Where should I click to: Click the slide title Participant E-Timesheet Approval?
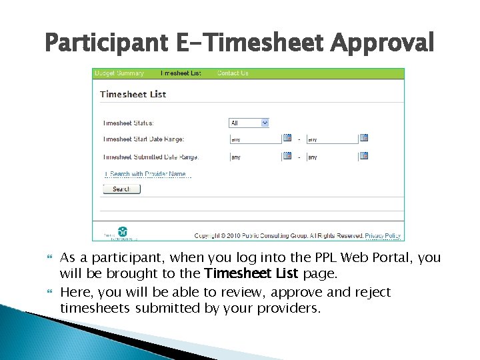[239, 44]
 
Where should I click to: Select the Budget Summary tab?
[119, 73]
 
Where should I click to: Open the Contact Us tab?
[233, 73]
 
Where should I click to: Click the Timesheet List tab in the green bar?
[181, 73]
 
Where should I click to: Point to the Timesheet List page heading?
[133, 94]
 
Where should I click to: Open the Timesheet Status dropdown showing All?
[249, 123]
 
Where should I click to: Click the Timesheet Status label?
[128, 123]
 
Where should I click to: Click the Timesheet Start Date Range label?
[143, 139]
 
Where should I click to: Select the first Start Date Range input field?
[255, 139]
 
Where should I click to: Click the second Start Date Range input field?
[331, 139]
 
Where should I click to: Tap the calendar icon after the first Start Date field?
[287, 139]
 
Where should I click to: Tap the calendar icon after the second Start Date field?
[364, 139]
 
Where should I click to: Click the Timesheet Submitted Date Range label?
[151, 157]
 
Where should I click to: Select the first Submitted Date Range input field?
[255, 157]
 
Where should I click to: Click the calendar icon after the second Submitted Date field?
[364, 157]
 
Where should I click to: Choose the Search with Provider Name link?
[147, 175]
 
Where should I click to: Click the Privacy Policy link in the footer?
[383, 235]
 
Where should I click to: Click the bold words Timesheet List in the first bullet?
[251, 274]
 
